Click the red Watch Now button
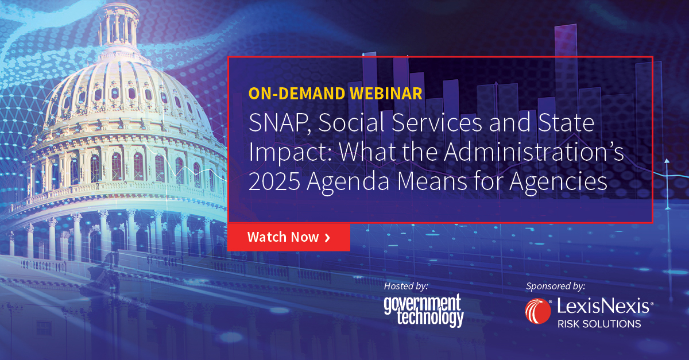tap(288, 237)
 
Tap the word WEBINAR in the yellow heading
tap(386, 94)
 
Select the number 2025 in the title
tap(274, 181)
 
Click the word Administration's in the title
tap(533, 152)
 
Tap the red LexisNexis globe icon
tap(538, 311)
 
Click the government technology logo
tap(424, 310)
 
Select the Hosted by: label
tap(406, 286)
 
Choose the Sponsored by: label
tap(556, 286)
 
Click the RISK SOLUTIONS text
tap(599, 324)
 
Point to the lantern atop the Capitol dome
tap(118, 25)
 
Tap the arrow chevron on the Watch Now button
tap(327, 238)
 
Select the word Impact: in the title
tap(290, 153)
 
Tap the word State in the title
tap(566, 123)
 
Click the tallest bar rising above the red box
tap(566, 41)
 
